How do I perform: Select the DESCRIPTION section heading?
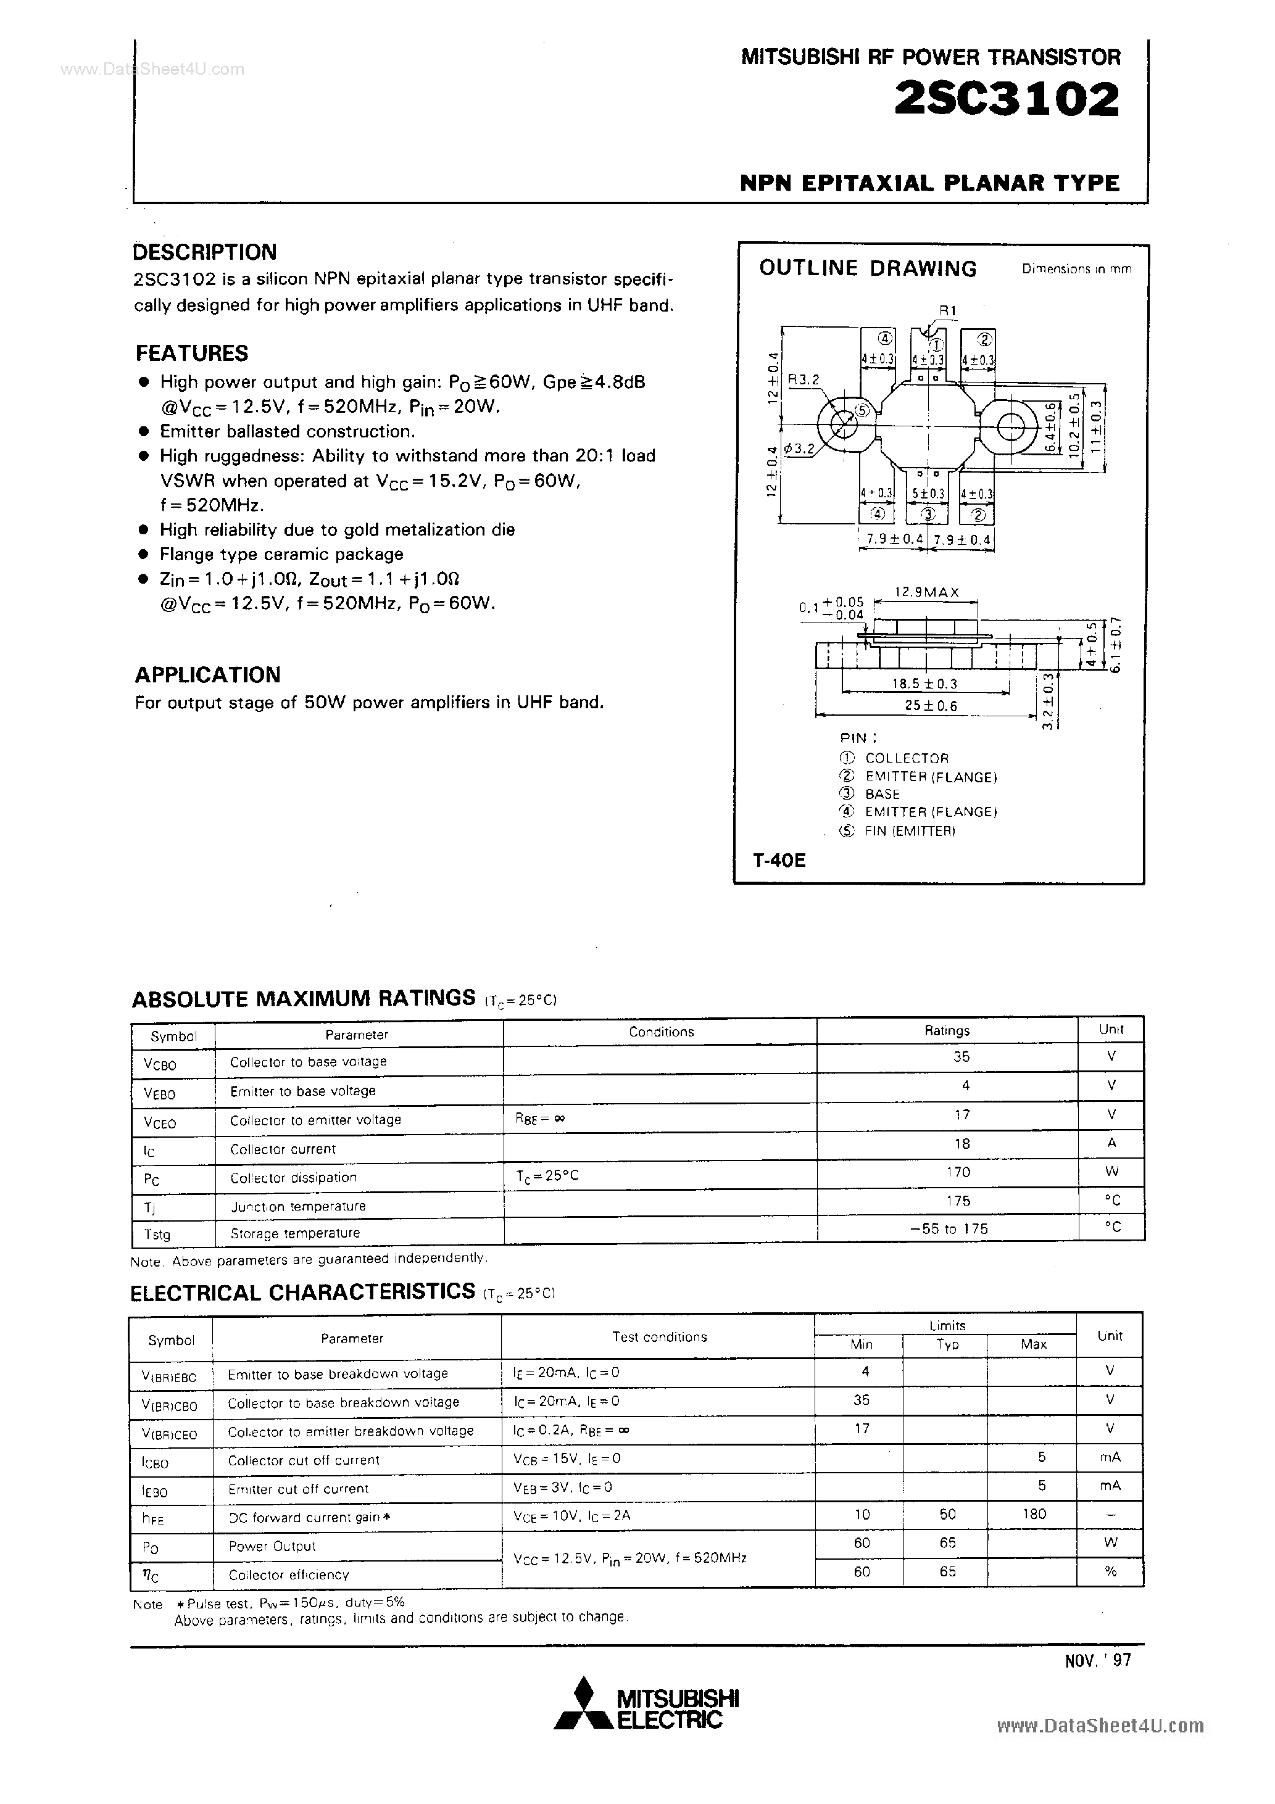(205, 252)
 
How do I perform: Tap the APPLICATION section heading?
(207, 675)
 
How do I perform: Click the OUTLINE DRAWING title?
(867, 269)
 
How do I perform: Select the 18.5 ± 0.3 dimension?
(924, 684)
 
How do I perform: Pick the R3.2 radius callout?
(804, 379)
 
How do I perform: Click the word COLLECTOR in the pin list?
(907, 758)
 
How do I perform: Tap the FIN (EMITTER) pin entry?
(910, 830)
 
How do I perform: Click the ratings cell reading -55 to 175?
(953, 1229)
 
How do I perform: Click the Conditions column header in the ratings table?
(661, 1032)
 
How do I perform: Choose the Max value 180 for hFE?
(1034, 1513)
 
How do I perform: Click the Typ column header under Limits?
(947, 1344)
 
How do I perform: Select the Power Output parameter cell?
(272, 1545)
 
